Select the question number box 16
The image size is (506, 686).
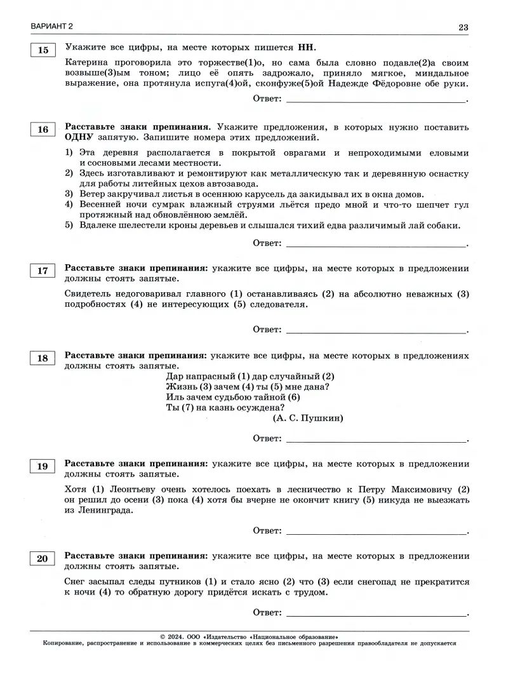pos(43,130)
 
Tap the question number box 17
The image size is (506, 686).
pos(43,271)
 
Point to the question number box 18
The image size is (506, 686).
pos(43,358)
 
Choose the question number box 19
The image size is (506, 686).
pos(43,467)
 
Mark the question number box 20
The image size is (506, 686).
pos(43,559)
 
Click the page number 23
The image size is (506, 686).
pos(463,27)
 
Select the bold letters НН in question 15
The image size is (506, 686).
pos(305,48)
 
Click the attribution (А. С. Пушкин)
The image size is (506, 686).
pos(308,418)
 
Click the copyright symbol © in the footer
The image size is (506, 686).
pos(164,636)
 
